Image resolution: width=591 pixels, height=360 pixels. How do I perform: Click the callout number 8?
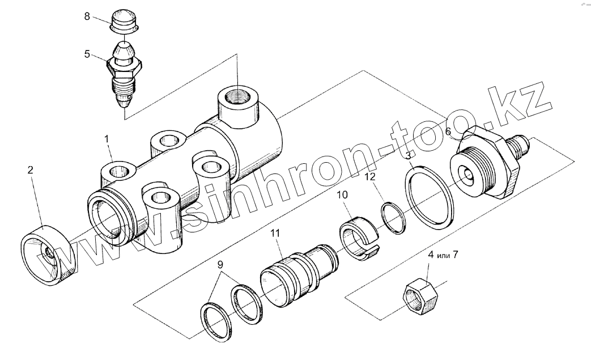click(87, 16)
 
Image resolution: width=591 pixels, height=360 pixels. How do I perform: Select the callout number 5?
click(87, 54)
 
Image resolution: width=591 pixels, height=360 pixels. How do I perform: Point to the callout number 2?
click(31, 169)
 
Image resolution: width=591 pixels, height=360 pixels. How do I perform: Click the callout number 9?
click(220, 264)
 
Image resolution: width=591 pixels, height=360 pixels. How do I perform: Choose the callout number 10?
click(343, 195)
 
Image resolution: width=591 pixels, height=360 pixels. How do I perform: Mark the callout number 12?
click(369, 177)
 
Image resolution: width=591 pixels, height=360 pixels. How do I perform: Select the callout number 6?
click(448, 132)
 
